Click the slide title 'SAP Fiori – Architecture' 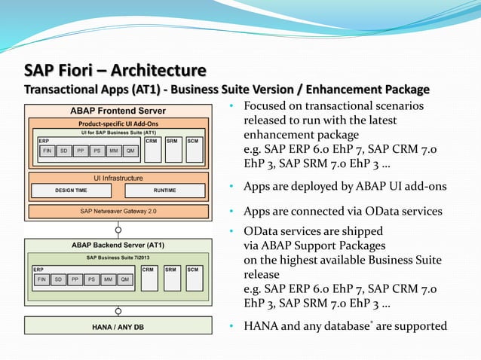[x=115, y=71]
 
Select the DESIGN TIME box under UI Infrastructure [x=70, y=191]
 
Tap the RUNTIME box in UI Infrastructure [x=164, y=191]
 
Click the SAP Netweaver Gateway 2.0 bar [x=118, y=212]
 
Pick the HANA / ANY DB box [x=118, y=326]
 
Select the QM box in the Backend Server [x=127, y=279]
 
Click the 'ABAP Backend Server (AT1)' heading [x=118, y=246]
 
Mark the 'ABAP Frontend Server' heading [x=118, y=111]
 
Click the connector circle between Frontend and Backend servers [x=118, y=229]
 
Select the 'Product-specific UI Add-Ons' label [x=118, y=124]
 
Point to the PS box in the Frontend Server [x=97, y=150]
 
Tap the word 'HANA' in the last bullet [x=260, y=326]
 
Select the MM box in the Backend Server [x=109, y=279]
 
